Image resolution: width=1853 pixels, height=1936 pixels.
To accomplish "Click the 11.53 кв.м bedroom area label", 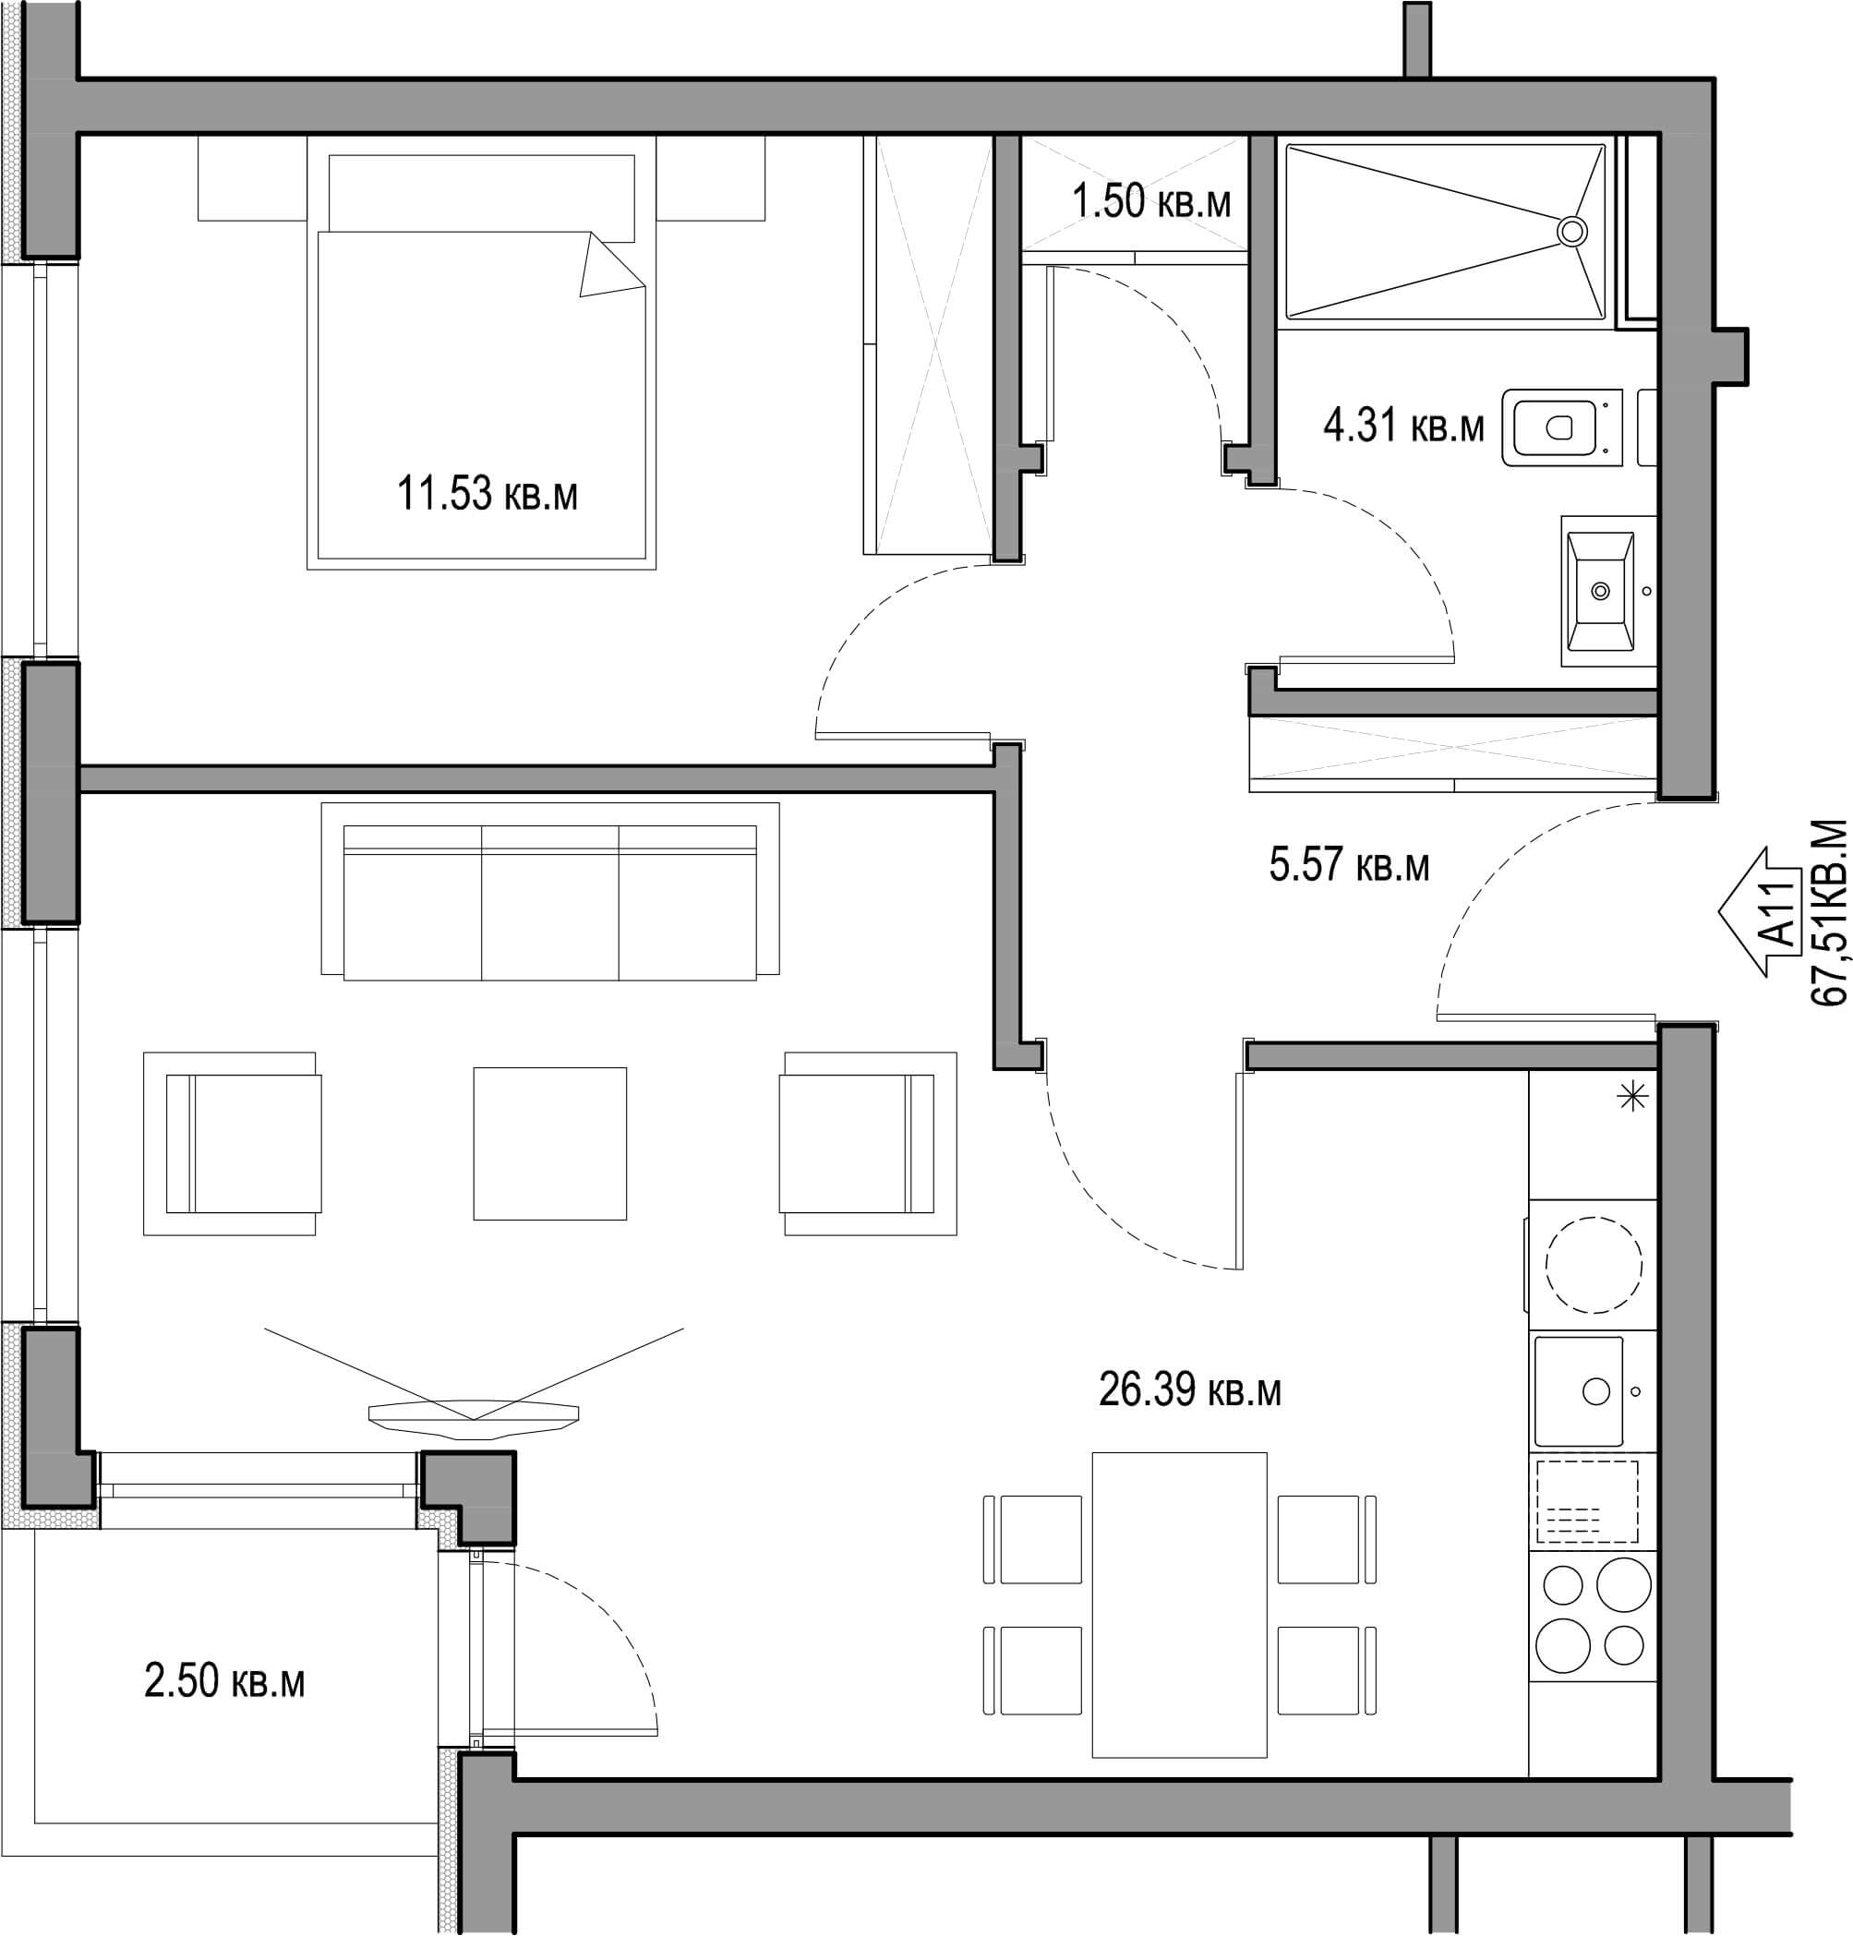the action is [487, 493].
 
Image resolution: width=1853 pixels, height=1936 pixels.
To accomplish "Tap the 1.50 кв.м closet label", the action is [1151, 201].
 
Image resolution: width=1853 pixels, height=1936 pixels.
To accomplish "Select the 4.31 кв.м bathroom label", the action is [1403, 426].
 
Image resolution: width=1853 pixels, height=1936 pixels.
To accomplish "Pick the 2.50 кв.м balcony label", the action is [224, 1681].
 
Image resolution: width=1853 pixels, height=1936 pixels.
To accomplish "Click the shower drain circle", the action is [1571, 231].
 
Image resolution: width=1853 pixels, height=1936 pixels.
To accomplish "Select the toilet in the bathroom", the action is [1561, 427].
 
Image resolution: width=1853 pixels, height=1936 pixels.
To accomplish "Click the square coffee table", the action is [549, 1143].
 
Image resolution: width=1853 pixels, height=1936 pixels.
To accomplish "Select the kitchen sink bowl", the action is [1579, 1391].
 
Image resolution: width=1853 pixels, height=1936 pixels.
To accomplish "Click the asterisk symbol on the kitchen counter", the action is [1631, 1097].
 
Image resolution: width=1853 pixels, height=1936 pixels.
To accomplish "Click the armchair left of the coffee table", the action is [232, 1143].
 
